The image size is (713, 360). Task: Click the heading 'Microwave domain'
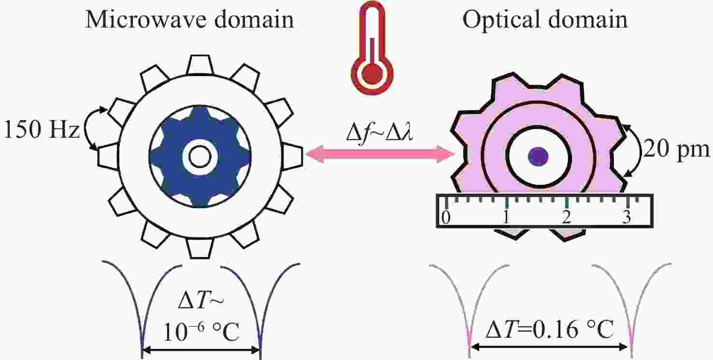(x=189, y=20)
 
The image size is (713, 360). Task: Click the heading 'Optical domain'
(x=545, y=20)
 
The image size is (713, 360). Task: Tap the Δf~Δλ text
(x=380, y=130)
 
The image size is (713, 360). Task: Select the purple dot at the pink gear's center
(x=538, y=156)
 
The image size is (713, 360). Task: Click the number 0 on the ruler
(x=446, y=217)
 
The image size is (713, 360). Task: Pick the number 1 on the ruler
(x=506, y=217)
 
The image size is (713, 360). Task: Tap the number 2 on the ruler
(x=566, y=217)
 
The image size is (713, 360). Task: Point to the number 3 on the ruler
(x=627, y=217)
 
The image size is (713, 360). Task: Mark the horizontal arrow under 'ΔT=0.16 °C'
(x=551, y=346)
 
